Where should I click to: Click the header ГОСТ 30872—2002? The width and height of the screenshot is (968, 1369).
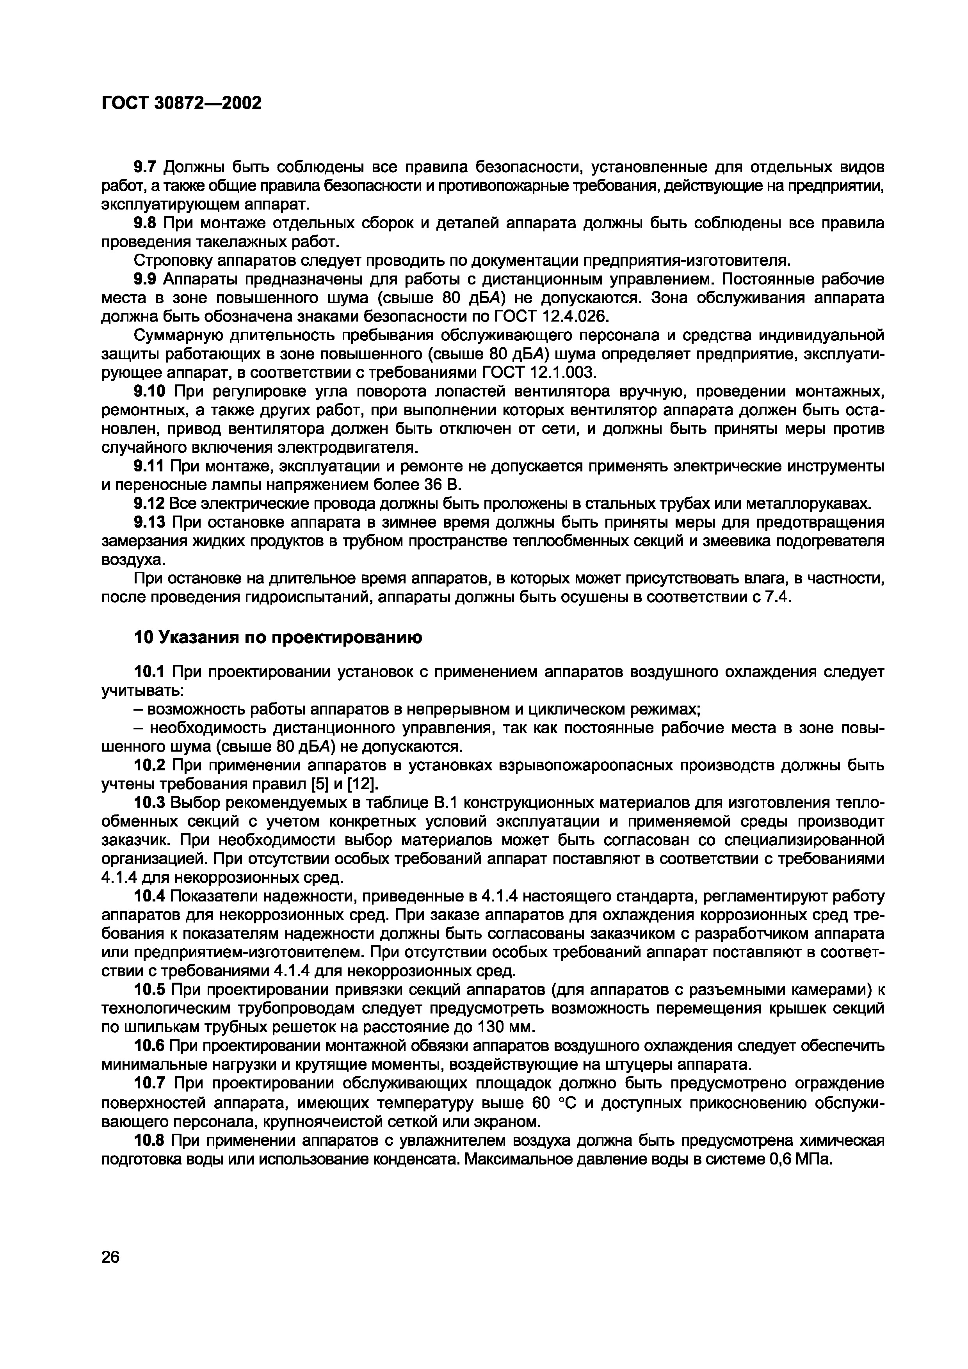(182, 103)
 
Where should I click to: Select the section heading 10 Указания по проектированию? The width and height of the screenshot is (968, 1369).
(278, 637)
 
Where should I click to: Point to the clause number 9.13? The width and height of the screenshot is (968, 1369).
(150, 522)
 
